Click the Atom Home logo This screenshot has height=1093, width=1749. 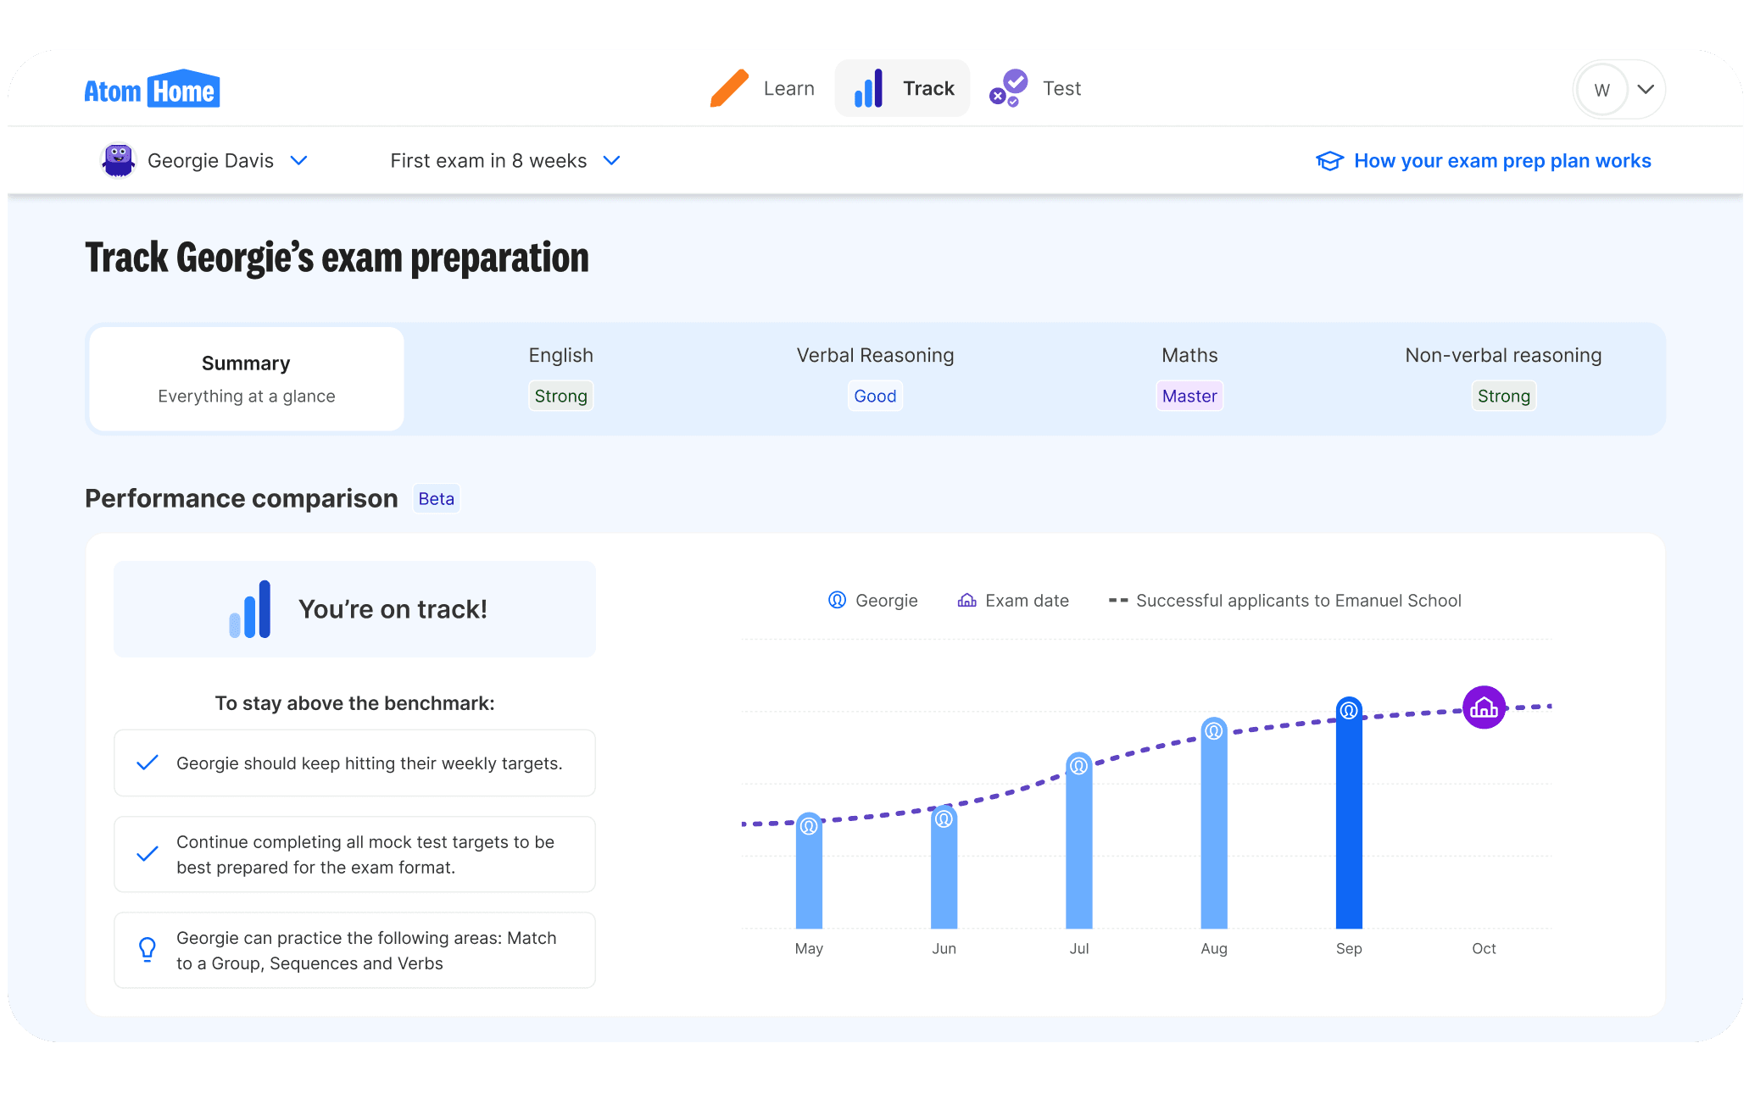click(x=152, y=89)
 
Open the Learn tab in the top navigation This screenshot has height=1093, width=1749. click(x=763, y=88)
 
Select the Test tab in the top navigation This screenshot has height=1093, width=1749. click(x=1036, y=88)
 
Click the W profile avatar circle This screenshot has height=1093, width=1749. click(x=1601, y=90)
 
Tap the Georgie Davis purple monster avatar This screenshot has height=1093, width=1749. click(x=119, y=160)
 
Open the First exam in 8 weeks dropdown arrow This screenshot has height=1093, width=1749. click(x=611, y=160)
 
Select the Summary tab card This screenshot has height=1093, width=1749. click(x=247, y=379)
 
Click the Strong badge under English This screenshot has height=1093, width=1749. click(x=560, y=396)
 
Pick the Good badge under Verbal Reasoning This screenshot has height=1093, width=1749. click(x=875, y=396)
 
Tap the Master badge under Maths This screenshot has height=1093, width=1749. click(x=1189, y=396)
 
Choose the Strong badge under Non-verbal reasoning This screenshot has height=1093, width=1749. click(x=1503, y=396)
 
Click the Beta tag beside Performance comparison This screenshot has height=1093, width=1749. click(x=436, y=499)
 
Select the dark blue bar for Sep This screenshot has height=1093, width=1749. click(x=1349, y=822)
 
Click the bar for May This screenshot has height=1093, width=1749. click(x=809, y=877)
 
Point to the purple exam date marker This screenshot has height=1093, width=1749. click(x=1484, y=707)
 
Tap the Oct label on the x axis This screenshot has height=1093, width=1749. click(x=1484, y=949)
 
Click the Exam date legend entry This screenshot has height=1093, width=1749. click(x=1014, y=601)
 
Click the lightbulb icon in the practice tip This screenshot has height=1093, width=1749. click(x=148, y=949)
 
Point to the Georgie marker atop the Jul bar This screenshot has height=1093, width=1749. click(x=1078, y=766)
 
